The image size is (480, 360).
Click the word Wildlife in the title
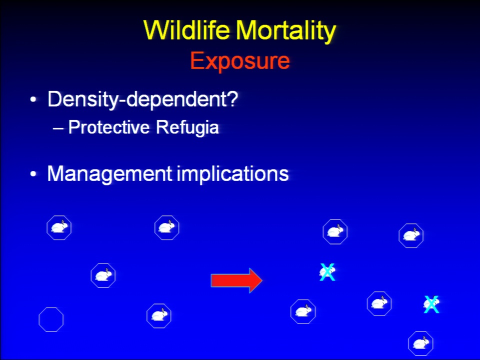tap(186, 30)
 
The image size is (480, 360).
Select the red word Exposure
tap(240, 61)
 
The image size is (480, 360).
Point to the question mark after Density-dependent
tap(232, 98)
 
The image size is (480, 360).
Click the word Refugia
tap(187, 127)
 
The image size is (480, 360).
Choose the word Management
tap(109, 174)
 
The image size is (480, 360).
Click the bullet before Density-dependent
tap(33, 100)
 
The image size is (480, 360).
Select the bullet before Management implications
tap(33, 174)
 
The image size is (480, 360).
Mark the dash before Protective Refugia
tap(58, 128)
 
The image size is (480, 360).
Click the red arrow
tap(236, 280)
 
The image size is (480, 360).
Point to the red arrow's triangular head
tap(256, 280)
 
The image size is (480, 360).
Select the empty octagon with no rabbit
tap(39, 319)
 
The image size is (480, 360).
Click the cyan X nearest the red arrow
tap(327, 272)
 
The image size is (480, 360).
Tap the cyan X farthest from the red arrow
tap(431, 304)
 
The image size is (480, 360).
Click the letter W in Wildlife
tap(156, 30)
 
